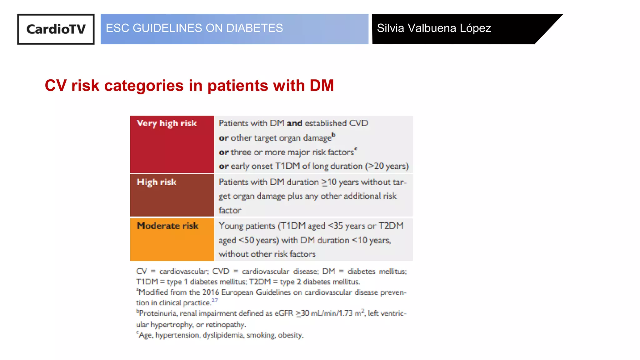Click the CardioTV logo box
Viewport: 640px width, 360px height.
(x=56, y=29)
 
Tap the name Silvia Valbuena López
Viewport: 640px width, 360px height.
(x=434, y=28)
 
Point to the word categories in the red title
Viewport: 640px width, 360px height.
(x=144, y=86)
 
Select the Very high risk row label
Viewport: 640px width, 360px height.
(x=167, y=123)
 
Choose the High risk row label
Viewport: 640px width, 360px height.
(x=157, y=182)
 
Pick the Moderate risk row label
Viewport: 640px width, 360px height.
(x=167, y=226)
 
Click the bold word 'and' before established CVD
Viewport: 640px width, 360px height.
(x=294, y=123)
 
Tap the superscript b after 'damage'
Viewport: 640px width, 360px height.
(x=334, y=135)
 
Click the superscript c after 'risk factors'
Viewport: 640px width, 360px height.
(x=356, y=149)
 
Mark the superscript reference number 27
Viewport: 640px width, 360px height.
(x=215, y=300)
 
